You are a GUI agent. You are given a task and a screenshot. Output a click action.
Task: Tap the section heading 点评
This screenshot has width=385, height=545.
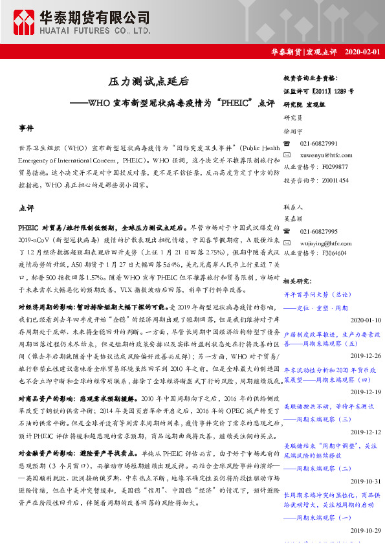pyautogui.click(x=26, y=208)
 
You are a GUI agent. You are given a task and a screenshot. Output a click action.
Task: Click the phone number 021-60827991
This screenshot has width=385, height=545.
pyautogui.click(x=319, y=142)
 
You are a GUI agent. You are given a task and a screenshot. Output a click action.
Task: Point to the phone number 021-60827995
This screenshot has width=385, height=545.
pyautogui.click(x=319, y=231)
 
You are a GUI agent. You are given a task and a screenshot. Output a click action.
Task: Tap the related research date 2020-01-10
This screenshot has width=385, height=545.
pyautogui.click(x=366, y=320)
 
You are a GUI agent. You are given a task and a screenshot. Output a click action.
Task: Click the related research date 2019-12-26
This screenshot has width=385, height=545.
pyautogui.click(x=366, y=356)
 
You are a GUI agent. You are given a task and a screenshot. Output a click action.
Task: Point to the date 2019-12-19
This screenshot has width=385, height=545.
pyautogui.click(x=366, y=392)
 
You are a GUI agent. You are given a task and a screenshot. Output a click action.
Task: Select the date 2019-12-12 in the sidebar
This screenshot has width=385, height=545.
pyautogui.click(x=366, y=430)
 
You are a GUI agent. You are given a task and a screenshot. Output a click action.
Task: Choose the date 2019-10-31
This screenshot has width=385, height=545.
pyautogui.click(x=366, y=481)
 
